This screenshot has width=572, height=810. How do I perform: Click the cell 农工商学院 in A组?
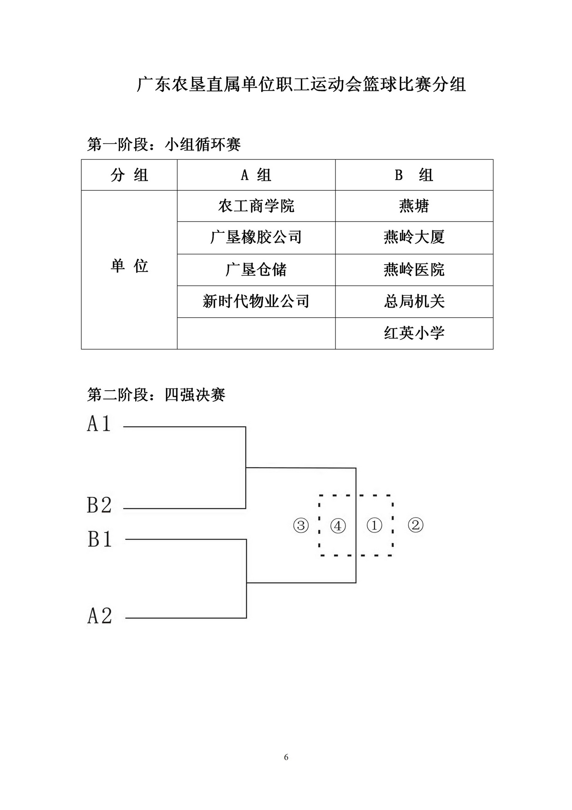tap(256, 206)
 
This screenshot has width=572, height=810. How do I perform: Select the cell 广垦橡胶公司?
tap(256, 237)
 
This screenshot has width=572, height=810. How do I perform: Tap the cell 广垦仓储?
tap(256, 270)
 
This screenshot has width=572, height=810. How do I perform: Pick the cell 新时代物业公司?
tap(256, 302)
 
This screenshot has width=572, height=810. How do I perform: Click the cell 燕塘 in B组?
tap(414, 206)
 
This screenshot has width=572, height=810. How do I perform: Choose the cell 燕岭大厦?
tap(414, 237)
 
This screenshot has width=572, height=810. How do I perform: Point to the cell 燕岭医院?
tap(414, 270)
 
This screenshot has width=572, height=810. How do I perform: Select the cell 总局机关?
tap(414, 302)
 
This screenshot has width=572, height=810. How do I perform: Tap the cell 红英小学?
tap(414, 333)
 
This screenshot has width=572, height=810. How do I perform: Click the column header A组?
tap(256, 175)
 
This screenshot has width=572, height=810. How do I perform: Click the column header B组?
tap(414, 175)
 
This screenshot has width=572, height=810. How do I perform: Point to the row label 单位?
tap(130, 266)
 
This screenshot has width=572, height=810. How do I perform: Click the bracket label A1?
tap(99, 423)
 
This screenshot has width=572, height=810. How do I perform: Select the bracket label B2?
tap(99, 505)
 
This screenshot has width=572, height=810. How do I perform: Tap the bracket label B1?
tap(100, 539)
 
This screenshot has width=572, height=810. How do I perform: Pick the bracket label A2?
tap(100, 616)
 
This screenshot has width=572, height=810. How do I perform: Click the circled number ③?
tap(301, 526)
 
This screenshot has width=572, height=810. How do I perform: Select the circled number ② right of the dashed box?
tap(416, 525)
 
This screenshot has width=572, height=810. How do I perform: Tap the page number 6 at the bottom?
tap(286, 757)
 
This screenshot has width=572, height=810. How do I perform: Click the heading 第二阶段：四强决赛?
tap(156, 395)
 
